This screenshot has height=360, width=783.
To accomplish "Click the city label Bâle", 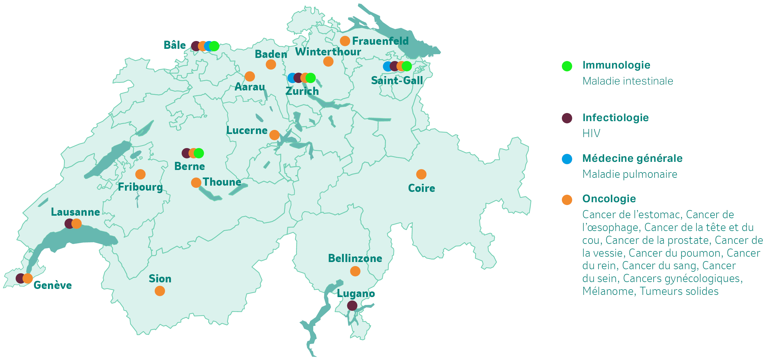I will [175, 45].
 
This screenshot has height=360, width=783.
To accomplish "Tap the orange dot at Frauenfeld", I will [345, 41].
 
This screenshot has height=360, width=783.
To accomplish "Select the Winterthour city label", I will [328, 52].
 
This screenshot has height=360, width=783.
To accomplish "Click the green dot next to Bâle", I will [214, 46].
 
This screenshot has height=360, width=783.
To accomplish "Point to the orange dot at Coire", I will [421, 174].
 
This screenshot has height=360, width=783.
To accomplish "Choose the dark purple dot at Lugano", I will [352, 306].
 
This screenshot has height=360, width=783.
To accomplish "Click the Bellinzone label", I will [355, 259].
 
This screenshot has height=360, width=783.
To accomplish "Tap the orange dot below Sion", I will [160, 291].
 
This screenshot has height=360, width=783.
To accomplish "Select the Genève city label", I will [53, 285].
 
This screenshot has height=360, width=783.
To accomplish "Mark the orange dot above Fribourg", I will [140, 174].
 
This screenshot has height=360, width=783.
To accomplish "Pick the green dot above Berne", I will [199, 153].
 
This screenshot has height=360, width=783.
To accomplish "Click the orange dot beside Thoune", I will [196, 183].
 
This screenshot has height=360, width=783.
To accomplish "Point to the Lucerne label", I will [247, 131].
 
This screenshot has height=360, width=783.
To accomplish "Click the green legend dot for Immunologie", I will [567, 66].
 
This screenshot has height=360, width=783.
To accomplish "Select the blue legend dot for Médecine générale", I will [567, 159].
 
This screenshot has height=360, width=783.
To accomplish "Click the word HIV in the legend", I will [591, 134].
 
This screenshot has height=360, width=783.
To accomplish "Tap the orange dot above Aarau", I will [250, 76].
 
